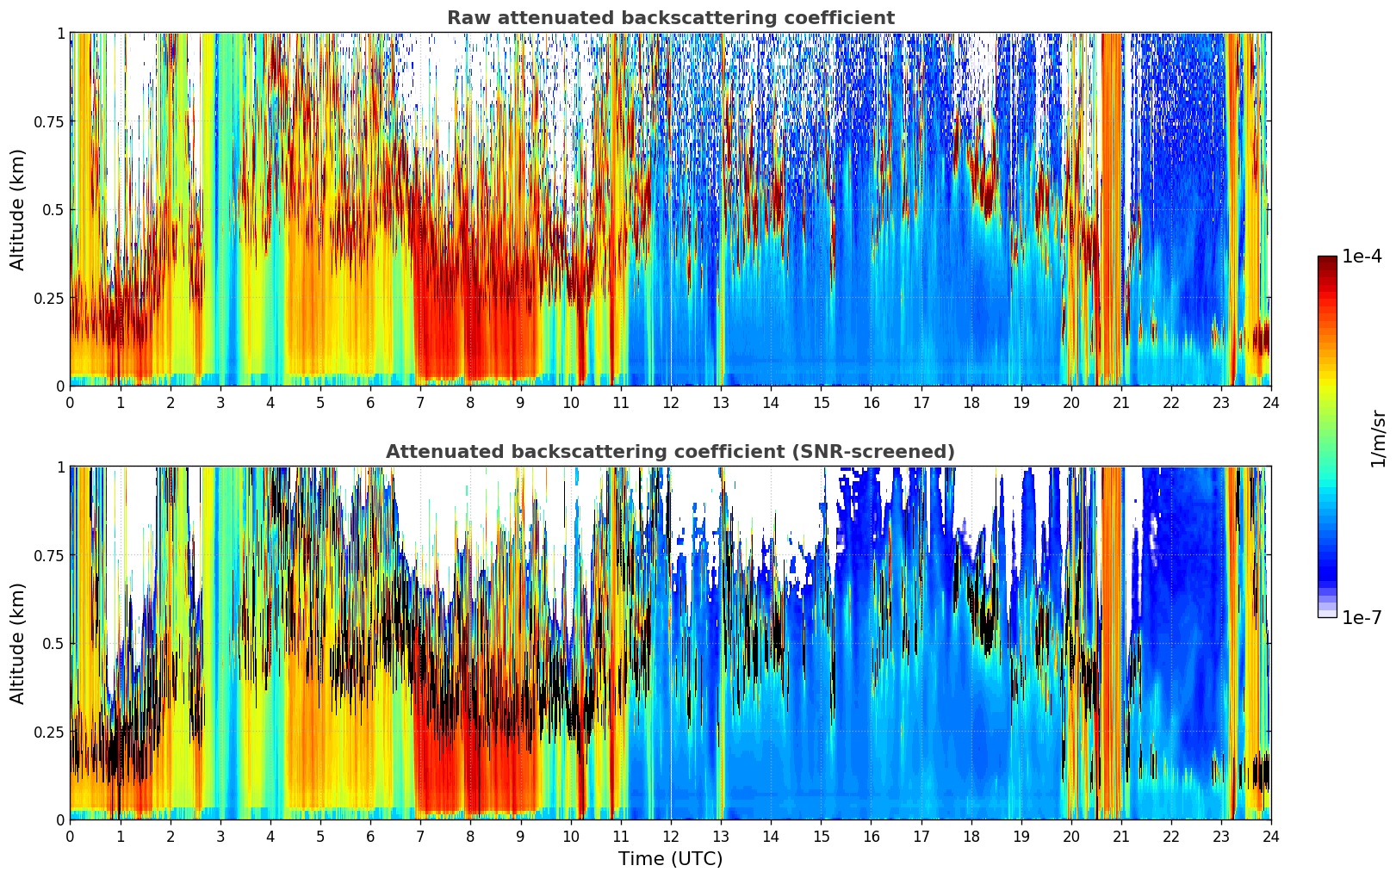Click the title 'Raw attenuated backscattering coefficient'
[x=670, y=18]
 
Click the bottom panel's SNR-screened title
[x=670, y=452]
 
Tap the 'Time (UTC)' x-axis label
[x=670, y=859]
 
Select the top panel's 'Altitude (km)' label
[x=18, y=209]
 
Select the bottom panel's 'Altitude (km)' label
[x=18, y=643]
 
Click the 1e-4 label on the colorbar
[x=1362, y=257]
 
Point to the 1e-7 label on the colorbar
[x=1362, y=618]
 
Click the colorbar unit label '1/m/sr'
[x=1378, y=437]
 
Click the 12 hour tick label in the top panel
[x=671, y=402]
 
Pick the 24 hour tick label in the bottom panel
[x=1271, y=836]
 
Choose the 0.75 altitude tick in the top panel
[x=49, y=121]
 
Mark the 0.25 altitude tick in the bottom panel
[x=49, y=732]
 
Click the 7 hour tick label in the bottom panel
[x=420, y=836]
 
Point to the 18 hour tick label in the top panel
[x=971, y=402]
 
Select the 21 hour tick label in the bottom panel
[x=1121, y=836]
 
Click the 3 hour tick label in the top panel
[x=220, y=402]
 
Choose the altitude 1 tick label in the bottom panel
[x=60, y=467]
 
